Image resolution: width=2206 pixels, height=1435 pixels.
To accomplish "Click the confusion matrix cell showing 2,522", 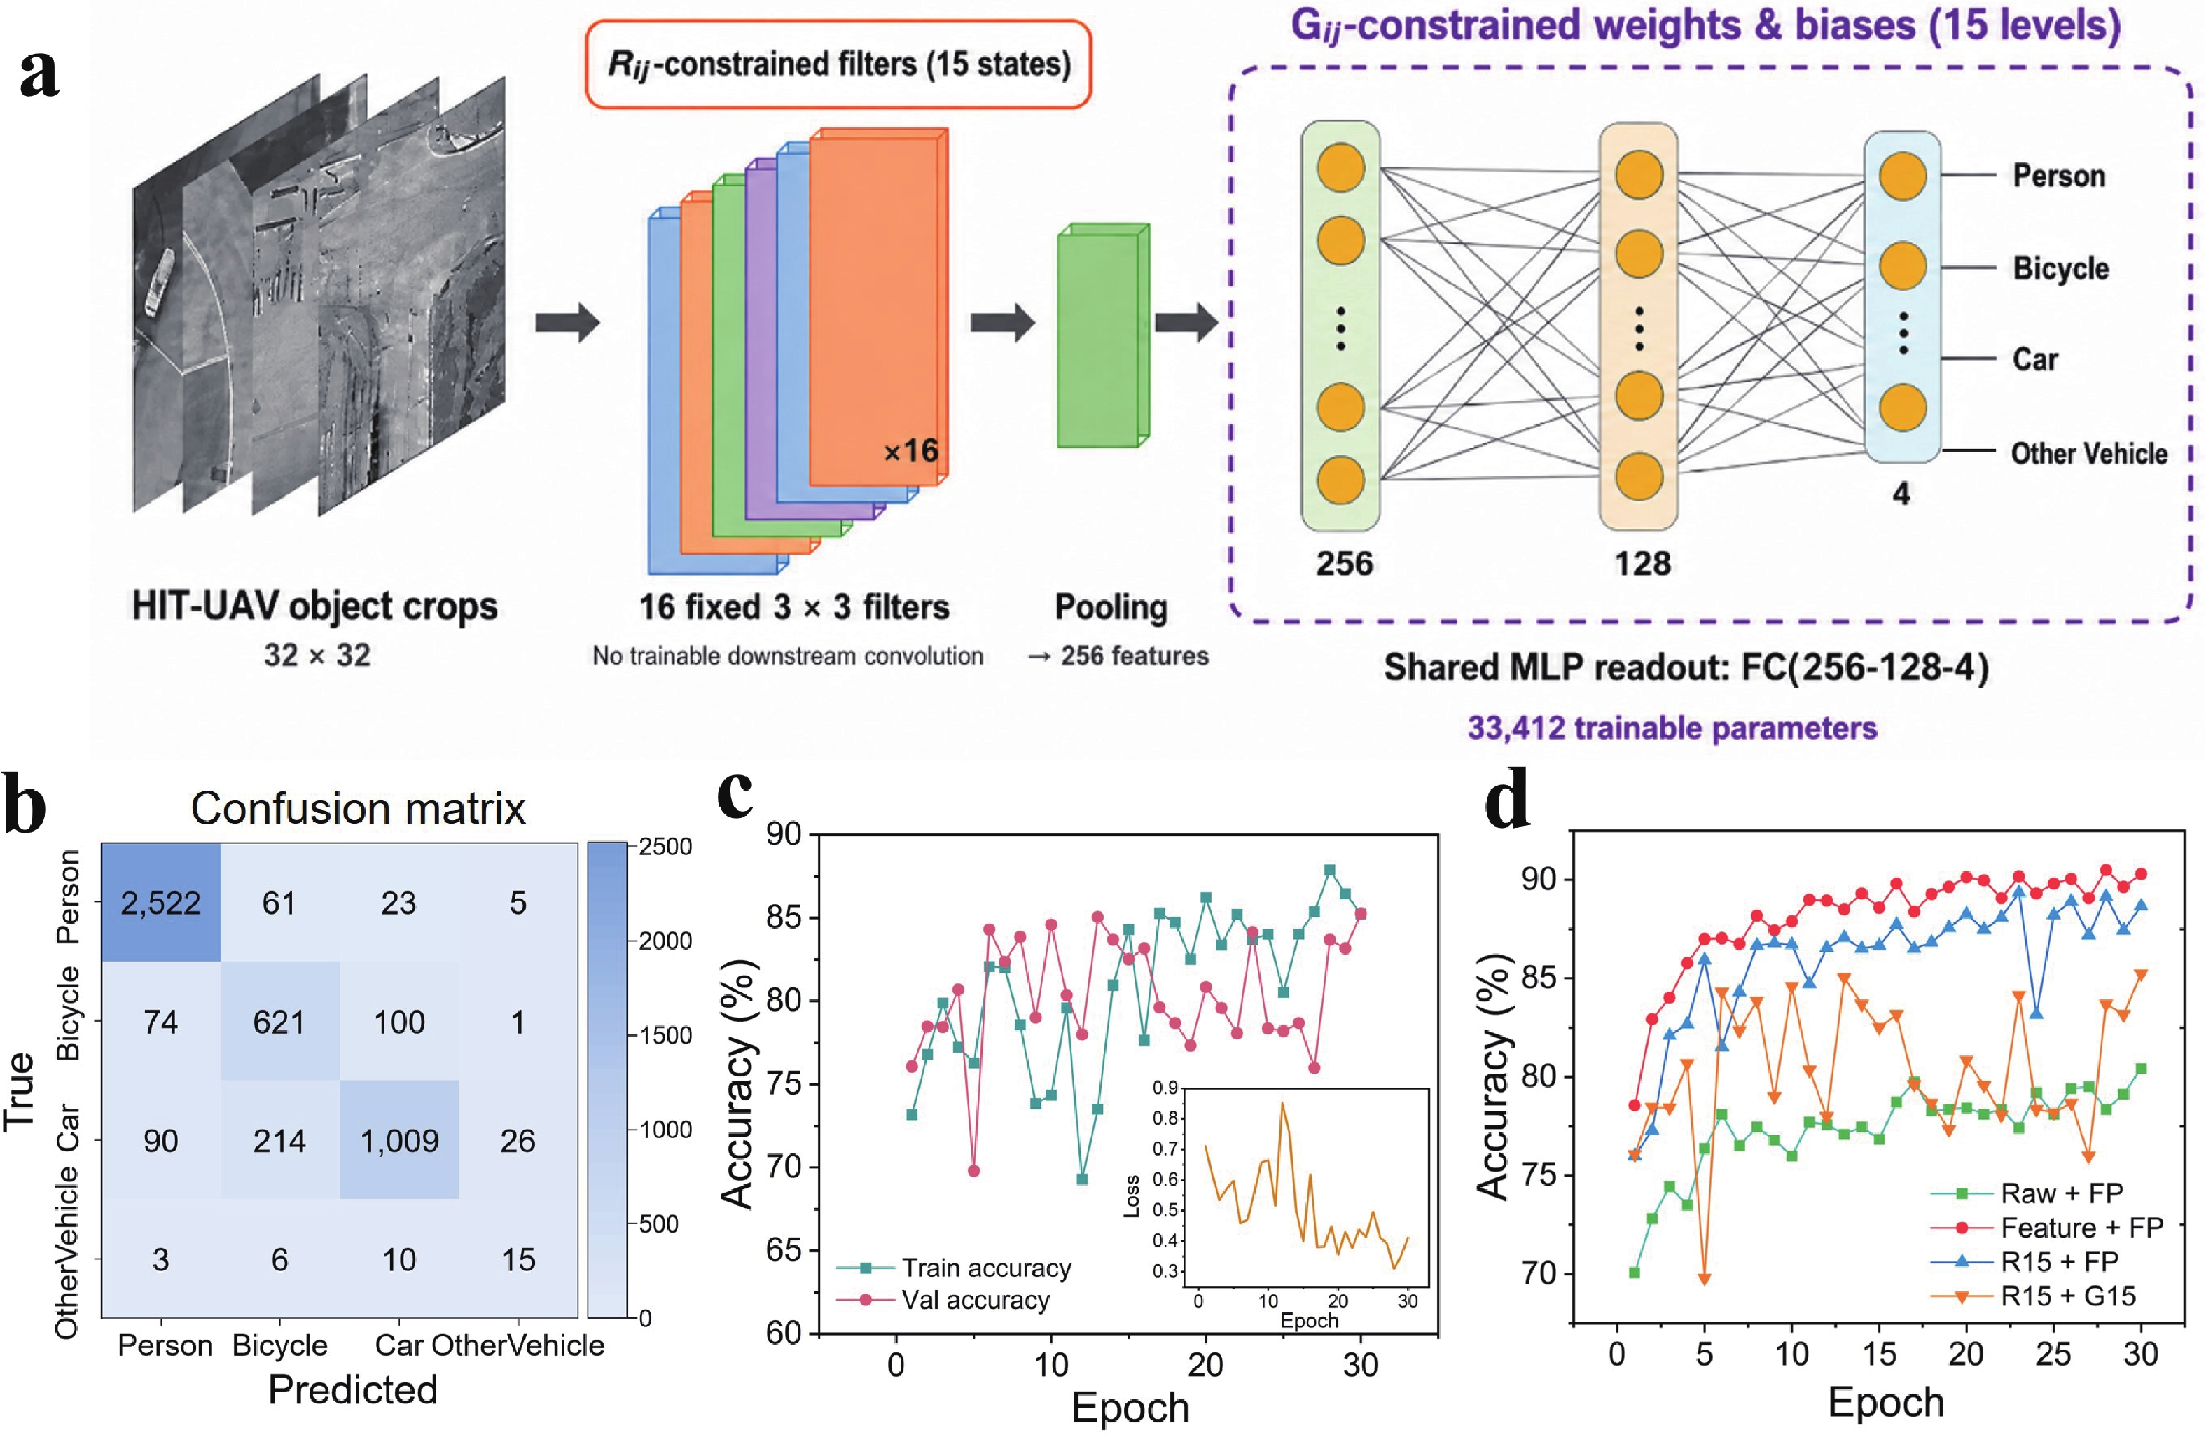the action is pyautogui.click(x=161, y=903).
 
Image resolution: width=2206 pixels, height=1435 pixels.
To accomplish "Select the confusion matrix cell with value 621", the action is pyautogui.click(x=280, y=1022).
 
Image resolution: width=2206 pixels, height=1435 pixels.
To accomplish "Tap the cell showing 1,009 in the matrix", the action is pyautogui.click(x=399, y=1140).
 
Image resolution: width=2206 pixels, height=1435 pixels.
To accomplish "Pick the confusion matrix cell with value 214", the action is pyautogui.click(x=280, y=1140).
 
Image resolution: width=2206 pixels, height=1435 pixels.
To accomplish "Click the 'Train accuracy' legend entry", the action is pyautogui.click(x=955, y=1267).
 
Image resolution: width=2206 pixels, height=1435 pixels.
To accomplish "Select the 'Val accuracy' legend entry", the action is pyautogui.click(x=943, y=1300).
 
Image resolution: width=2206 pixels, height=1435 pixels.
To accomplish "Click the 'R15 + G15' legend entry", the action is pyautogui.click(x=2034, y=1295).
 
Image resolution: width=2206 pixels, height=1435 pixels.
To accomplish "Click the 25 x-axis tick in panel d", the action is pyautogui.click(x=2053, y=1354).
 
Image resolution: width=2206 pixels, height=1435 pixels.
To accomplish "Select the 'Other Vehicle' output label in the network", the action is pyautogui.click(x=2089, y=453).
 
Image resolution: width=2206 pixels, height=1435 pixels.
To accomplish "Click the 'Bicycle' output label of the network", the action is pyautogui.click(x=2060, y=268).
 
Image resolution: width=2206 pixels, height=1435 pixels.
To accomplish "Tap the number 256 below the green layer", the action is pyautogui.click(x=1344, y=562).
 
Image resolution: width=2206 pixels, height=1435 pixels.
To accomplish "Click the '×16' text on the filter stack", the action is pyautogui.click(x=910, y=452).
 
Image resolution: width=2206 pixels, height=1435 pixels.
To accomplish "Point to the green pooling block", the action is pyautogui.click(x=1103, y=335).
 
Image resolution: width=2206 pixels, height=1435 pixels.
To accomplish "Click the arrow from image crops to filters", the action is pyautogui.click(x=567, y=323).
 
